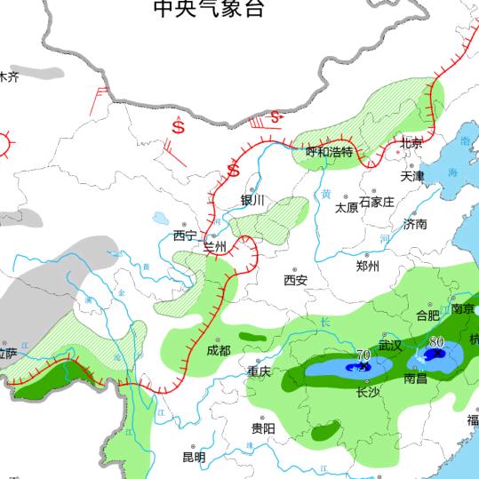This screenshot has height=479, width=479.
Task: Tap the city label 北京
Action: (x=411, y=143)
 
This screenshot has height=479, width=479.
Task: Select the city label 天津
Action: (x=413, y=176)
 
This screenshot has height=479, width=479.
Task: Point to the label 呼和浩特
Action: (x=330, y=152)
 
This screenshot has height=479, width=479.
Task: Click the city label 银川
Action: (x=252, y=200)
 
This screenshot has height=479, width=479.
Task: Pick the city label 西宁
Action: (x=185, y=236)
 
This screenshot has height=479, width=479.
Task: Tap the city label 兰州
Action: (x=216, y=245)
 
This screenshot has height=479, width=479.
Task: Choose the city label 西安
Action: (x=296, y=280)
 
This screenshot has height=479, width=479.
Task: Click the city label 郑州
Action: (x=367, y=266)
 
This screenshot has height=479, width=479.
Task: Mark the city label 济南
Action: (x=415, y=224)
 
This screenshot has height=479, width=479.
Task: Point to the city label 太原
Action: (x=346, y=208)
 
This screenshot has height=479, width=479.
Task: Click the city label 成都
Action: (x=219, y=350)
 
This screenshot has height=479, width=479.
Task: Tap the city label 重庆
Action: (x=259, y=371)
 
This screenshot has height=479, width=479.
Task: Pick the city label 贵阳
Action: (x=262, y=428)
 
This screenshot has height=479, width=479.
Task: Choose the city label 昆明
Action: (x=194, y=457)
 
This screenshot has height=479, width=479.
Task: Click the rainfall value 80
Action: (x=436, y=341)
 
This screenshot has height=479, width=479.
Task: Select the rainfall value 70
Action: (x=363, y=355)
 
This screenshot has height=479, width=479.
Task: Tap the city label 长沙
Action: (x=367, y=392)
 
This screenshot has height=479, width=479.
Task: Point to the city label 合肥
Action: (x=427, y=315)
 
